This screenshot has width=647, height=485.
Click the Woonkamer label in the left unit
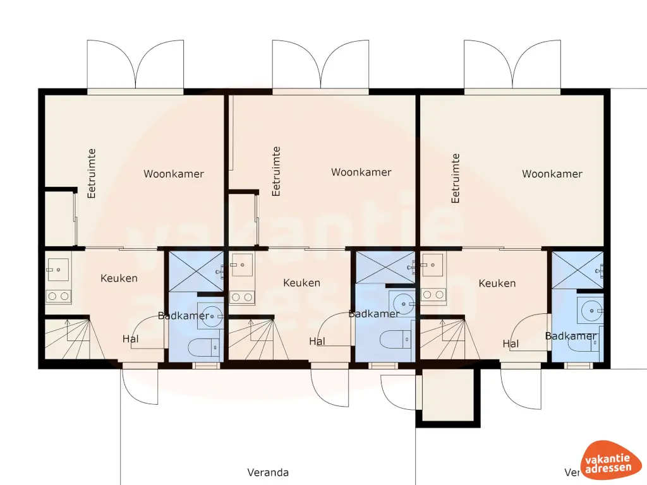173,174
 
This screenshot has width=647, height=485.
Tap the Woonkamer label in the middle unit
361,172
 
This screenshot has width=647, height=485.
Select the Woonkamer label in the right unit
552,174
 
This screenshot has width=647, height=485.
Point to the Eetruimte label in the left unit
92,173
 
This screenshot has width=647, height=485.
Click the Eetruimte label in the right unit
456,178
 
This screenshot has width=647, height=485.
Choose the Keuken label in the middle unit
301,283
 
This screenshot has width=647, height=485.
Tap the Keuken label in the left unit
119,278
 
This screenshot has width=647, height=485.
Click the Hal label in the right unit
511,344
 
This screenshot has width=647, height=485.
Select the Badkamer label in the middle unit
374,313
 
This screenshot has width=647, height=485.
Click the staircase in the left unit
68,339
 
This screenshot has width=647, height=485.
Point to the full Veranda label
268,472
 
